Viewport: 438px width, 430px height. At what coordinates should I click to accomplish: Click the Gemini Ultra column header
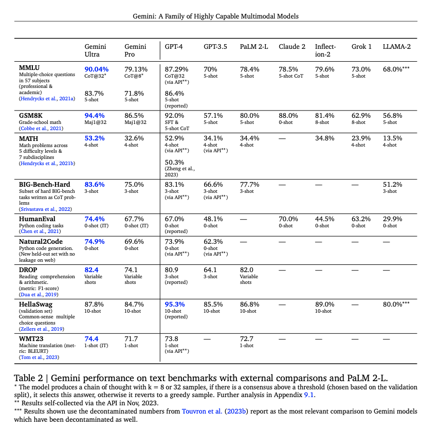[95, 50]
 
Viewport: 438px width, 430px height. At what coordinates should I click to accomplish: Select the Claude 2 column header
[292, 46]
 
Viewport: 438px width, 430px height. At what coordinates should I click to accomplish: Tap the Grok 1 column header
[361, 46]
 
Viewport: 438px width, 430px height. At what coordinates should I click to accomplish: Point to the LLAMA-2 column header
[396, 46]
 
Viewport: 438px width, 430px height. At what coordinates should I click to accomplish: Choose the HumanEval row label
[37, 219]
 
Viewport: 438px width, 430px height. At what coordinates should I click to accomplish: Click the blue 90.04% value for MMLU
[97, 69]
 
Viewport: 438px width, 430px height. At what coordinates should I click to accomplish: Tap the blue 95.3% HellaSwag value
[174, 304]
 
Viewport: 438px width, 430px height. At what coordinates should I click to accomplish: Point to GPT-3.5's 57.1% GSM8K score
[213, 116]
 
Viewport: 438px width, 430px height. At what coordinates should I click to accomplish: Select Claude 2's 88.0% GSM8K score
[288, 116]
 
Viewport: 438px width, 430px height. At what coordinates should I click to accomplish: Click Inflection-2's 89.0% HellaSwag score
[325, 304]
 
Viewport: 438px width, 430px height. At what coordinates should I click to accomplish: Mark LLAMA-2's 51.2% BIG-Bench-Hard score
[393, 184]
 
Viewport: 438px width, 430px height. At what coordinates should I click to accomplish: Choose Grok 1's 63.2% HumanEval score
[361, 219]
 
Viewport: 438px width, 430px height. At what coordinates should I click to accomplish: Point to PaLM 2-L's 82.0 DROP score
[247, 270]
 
